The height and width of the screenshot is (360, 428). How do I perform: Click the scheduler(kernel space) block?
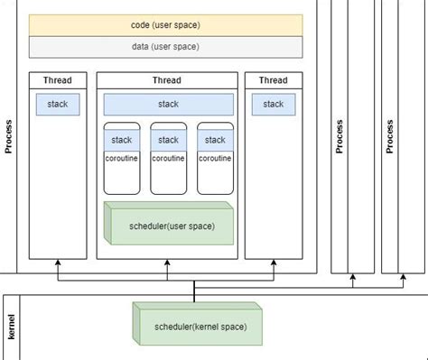[x=200, y=325]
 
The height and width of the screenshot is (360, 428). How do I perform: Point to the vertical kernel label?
[x=12, y=327]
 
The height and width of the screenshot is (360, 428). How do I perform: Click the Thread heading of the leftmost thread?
[x=58, y=80]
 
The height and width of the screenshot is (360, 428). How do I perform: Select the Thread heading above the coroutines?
[x=168, y=80]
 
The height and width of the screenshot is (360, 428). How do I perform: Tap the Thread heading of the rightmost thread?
[x=273, y=80]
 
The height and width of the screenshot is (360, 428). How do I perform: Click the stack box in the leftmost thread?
[x=57, y=105]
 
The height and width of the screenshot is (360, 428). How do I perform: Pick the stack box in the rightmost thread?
[x=273, y=105]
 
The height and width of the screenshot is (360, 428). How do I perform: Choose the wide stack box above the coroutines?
[x=168, y=105]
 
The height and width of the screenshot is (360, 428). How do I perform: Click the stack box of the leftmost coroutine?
[x=122, y=140]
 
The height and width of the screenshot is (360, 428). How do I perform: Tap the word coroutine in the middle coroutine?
[x=168, y=158]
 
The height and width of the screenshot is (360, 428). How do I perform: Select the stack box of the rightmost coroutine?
[x=215, y=140]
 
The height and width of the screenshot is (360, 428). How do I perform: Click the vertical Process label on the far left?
[x=9, y=135]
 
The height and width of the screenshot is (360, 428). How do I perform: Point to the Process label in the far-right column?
[x=390, y=135]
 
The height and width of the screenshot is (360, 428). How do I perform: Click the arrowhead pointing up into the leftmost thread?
[x=58, y=263]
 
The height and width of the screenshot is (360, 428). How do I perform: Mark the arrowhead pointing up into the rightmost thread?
[x=273, y=263]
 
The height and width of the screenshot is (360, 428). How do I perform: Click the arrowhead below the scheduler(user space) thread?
[x=168, y=263]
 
